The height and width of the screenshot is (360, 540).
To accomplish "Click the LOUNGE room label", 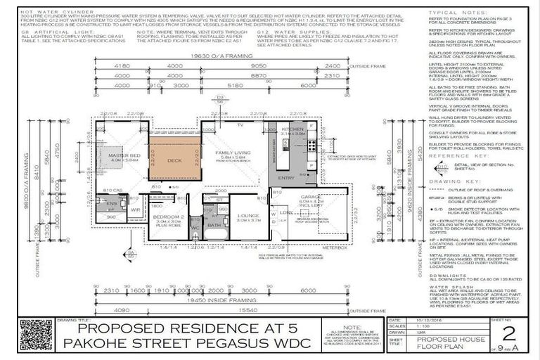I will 248,215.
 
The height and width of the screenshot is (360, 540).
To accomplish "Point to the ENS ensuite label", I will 111,204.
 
